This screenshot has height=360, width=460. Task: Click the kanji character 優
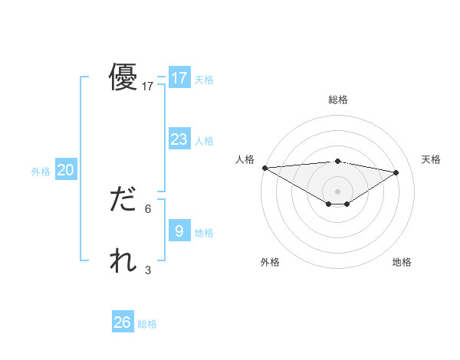pyautogui.click(x=123, y=77)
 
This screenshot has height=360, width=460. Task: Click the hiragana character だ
pyautogui.click(x=123, y=200)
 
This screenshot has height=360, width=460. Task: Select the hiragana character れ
pyautogui.click(x=123, y=261)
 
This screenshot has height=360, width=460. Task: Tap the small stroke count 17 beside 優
pyautogui.click(x=148, y=87)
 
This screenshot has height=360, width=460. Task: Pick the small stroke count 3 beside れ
pyautogui.click(x=148, y=270)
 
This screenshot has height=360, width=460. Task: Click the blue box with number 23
pyautogui.click(x=179, y=139)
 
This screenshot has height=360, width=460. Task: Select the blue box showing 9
pyautogui.click(x=179, y=231)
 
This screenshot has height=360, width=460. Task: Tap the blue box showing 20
pyautogui.click(x=65, y=170)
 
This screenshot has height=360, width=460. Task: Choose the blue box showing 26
pyautogui.click(x=122, y=322)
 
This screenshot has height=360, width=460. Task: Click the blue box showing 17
pyautogui.click(x=179, y=77)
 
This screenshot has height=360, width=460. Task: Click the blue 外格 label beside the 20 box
pyautogui.click(x=41, y=172)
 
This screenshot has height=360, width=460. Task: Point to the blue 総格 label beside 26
pyautogui.click(x=147, y=324)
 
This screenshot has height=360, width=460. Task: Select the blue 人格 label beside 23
pyautogui.click(x=204, y=141)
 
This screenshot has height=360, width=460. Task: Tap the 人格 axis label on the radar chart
pyautogui.click(x=245, y=159)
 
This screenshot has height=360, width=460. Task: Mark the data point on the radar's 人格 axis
pyautogui.click(x=264, y=168)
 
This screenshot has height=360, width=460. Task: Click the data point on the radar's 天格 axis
pyautogui.click(x=396, y=172)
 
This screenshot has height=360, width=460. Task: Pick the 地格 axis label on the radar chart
pyautogui.click(x=402, y=263)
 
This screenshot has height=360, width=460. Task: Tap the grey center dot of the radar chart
pyautogui.click(x=337, y=191)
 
